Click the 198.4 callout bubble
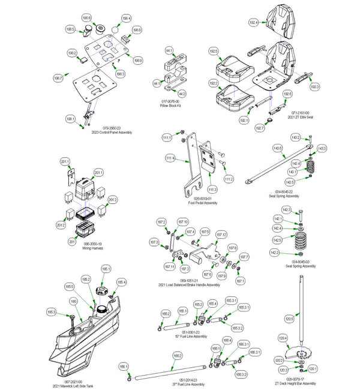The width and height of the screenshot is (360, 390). coord(126,19)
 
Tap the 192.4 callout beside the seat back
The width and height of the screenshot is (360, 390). coord(254,22)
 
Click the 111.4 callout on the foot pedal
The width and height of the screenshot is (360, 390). coord(170,158)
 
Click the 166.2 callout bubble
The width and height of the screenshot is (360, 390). coord(178,356)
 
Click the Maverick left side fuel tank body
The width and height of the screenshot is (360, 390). coord(90,342)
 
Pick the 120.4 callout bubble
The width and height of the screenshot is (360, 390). coord(283,338)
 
